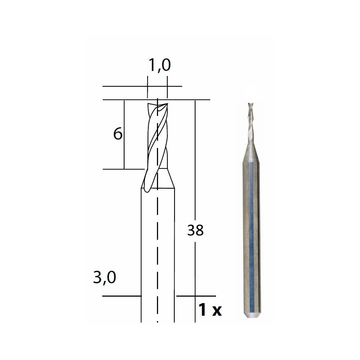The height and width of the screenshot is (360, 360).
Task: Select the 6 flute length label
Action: coord(118,134)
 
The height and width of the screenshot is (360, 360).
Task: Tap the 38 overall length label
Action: coord(195,230)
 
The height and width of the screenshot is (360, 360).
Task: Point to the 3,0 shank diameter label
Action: coord(104,278)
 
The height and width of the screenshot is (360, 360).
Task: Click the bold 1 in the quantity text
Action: coord(202,310)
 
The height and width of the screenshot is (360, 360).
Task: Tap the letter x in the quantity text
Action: coord(216,311)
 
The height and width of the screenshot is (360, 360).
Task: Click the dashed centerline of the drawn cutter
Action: coord(158,252)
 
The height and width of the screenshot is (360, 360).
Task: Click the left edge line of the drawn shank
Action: coord(141,252)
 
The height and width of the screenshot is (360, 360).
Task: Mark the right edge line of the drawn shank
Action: coord(175,252)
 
